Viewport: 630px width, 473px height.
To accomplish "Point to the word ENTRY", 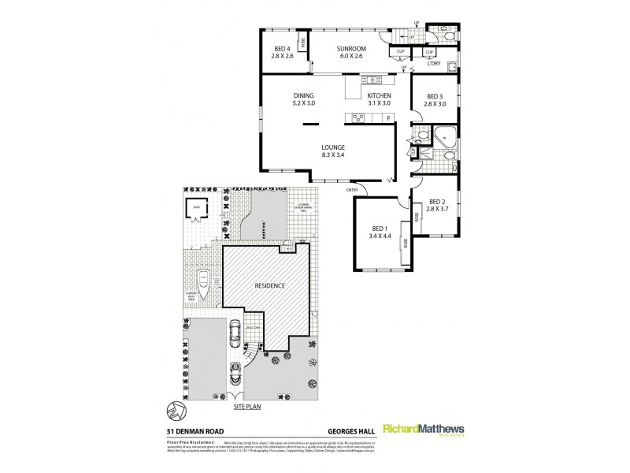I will click(352, 189).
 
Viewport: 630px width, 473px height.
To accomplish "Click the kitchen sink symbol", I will click(371, 80).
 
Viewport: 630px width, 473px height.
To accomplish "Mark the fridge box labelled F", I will click(387, 119).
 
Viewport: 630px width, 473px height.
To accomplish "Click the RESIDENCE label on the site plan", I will click(270, 285).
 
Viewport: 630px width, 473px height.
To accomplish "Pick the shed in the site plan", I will click(194, 209).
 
